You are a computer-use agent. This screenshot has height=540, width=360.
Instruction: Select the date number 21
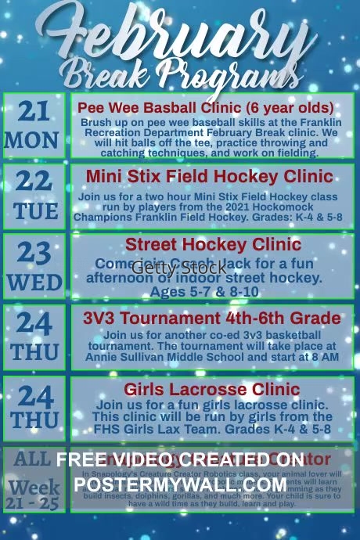coord(33,112)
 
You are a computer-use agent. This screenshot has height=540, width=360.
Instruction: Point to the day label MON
coord(32,141)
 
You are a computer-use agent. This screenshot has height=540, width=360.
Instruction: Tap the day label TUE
coord(34,211)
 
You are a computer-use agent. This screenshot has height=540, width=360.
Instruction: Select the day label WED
coord(34,282)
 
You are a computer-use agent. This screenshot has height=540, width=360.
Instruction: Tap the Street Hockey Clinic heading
coord(202,245)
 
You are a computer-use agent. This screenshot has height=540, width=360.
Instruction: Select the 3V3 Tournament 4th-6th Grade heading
coord(211,318)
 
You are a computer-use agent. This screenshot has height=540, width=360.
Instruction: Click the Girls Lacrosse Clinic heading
coord(211,389)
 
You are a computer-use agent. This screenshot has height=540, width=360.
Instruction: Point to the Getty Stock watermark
coord(179,268)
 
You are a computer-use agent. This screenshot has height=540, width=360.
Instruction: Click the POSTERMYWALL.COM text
coord(180,484)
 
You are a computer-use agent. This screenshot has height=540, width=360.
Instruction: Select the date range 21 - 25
coord(34,504)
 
